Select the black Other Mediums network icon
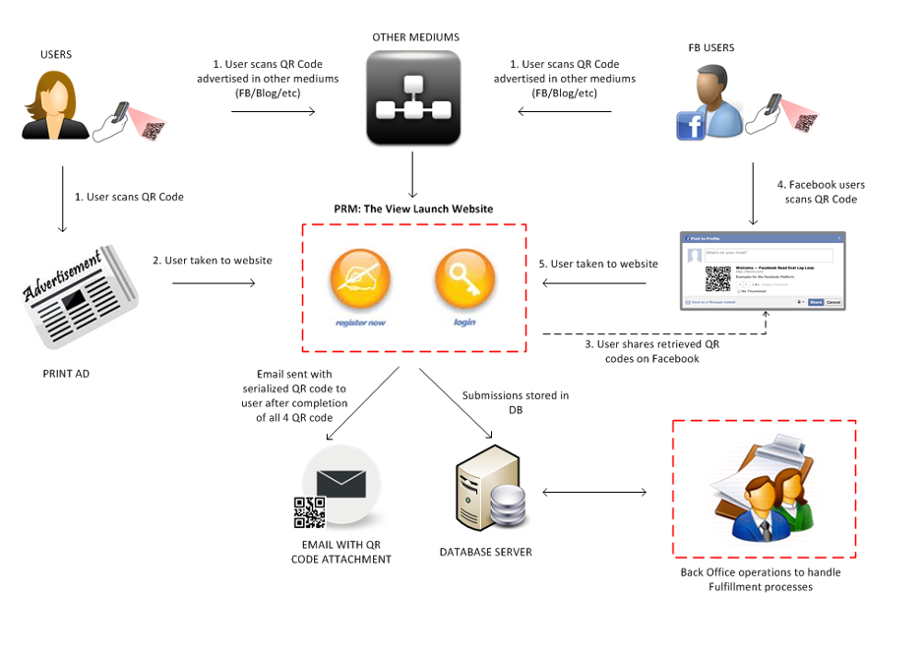pyautogui.click(x=413, y=97)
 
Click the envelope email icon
pyautogui.click(x=340, y=484)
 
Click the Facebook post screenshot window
pyautogui.click(x=763, y=270)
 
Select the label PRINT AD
pyautogui.click(x=68, y=375)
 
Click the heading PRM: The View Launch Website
pyautogui.click(x=412, y=209)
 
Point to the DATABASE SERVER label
pyautogui.click(x=486, y=552)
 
